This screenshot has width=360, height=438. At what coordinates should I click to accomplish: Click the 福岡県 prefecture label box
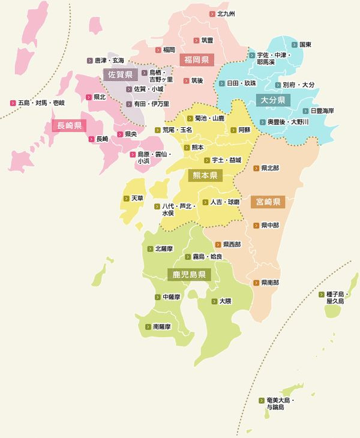point(196,59)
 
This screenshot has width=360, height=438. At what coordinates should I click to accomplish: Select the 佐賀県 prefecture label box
point(120,74)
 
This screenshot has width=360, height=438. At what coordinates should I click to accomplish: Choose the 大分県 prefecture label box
point(272,99)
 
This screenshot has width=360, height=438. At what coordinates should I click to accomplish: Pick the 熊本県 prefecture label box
point(205,175)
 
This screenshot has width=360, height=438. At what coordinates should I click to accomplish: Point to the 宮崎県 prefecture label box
point(268,202)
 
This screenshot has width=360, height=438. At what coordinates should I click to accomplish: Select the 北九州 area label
point(226,13)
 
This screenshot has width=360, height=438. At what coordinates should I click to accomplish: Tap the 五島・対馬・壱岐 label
point(41,103)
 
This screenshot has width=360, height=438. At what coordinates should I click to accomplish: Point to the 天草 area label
point(137,198)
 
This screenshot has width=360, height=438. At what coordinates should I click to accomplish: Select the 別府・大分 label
point(298,85)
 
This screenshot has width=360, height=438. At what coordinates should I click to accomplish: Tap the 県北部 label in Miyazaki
point(269,168)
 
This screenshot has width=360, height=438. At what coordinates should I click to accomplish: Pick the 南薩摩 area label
point(162,327)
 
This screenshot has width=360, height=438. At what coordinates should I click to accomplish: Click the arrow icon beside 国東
point(295,44)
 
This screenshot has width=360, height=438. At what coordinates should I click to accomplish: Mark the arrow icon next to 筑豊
point(196,40)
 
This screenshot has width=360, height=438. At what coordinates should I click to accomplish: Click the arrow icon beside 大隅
point(214,301)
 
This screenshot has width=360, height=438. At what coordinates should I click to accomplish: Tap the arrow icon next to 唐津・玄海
point(90,61)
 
